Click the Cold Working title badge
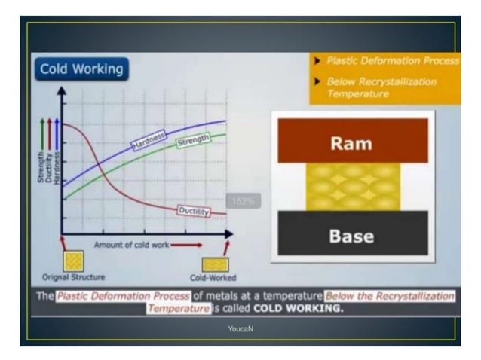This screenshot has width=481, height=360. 81,69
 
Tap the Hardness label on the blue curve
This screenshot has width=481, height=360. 149,141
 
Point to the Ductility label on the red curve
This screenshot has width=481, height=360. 193,211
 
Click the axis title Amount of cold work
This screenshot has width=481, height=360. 133,246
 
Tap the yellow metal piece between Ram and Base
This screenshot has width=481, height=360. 351,187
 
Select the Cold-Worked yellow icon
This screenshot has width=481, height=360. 214,264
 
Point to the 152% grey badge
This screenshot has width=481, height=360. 243,201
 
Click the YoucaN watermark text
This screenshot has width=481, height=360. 240,329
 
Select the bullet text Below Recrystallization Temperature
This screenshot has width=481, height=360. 381,87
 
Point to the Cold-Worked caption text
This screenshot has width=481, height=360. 213,277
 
